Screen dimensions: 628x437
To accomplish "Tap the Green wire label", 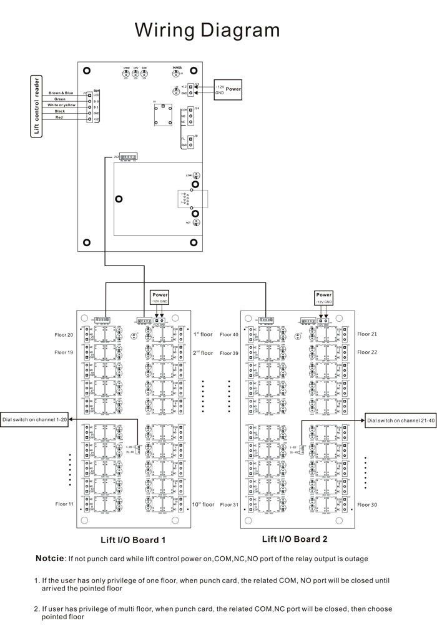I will (x=60, y=99).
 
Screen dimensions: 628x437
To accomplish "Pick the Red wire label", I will (x=59, y=117).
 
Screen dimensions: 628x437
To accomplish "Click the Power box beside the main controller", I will (x=233, y=89).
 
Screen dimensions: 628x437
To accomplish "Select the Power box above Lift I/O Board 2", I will (x=324, y=294).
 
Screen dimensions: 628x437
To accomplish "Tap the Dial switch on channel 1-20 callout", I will (x=35, y=420).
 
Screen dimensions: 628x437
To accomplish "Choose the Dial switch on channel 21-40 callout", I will (x=400, y=420).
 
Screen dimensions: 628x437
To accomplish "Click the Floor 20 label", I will (x=64, y=335).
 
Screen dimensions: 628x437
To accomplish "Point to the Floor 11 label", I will (x=64, y=504).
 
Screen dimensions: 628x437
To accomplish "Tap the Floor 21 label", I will (x=367, y=334).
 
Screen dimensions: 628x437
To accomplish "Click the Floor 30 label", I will (x=367, y=504).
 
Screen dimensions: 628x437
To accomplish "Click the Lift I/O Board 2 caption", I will (x=295, y=539).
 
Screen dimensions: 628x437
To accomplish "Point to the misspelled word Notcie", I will (x=50, y=558).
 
